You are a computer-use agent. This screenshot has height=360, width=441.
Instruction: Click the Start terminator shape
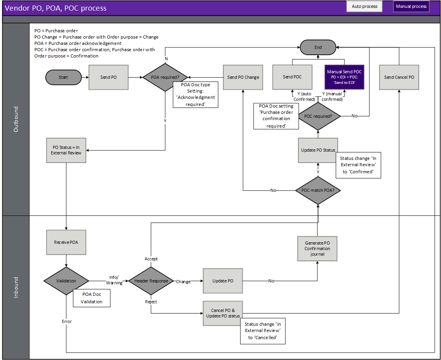63,77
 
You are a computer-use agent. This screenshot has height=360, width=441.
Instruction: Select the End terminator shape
318,47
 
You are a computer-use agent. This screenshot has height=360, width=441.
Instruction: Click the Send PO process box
108,77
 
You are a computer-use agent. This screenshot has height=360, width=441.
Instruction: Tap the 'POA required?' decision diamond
165,77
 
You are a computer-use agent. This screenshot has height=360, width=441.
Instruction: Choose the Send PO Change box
243,77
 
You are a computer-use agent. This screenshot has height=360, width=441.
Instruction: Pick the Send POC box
292,77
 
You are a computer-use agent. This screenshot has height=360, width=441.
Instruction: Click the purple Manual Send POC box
344,77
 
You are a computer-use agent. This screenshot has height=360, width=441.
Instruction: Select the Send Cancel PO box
399,77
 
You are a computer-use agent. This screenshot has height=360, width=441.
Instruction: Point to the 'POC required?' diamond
318,116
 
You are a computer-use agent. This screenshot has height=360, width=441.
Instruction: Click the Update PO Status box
318,150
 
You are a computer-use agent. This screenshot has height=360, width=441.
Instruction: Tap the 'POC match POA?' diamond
318,191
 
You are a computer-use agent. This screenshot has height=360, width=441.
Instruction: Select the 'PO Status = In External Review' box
66,150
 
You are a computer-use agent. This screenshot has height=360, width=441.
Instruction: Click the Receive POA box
66,242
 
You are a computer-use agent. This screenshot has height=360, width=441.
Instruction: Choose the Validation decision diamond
66,281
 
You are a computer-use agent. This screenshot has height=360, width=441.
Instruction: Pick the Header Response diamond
151,281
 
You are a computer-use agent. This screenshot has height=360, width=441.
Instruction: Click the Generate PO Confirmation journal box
317,249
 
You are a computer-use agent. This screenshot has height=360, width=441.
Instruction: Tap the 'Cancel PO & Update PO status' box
223,313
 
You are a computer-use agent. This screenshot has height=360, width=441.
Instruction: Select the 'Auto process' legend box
364,6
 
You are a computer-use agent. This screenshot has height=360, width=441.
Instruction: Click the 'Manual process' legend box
411,6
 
